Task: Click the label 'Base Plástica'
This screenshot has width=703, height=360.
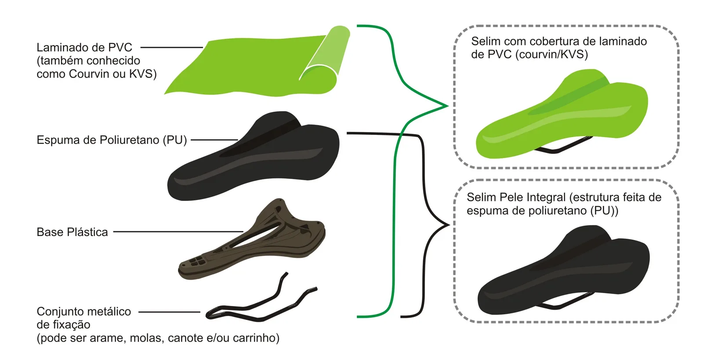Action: pyautogui.click(x=72, y=232)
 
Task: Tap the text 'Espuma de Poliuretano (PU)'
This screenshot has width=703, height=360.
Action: pyautogui.click(x=112, y=140)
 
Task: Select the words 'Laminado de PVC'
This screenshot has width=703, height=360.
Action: pyautogui.click(x=84, y=47)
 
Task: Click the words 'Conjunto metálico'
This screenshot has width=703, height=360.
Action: pyautogui.click(x=84, y=311)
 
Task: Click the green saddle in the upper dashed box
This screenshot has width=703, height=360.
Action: pyautogui.click(x=562, y=113)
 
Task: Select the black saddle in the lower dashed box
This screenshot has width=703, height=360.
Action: pyautogui.click(x=563, y=270)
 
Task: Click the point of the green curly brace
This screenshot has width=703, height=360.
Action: pyautogui.click(x=448, y=106)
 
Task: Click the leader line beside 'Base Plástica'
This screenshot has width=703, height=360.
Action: pyautogui.click(x=178, y=232)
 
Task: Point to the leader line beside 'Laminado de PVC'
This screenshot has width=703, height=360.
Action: pyautogui.click(x=172, y=47)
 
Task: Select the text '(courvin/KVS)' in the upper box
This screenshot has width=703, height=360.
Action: pyautogui.click(x=552, y=55)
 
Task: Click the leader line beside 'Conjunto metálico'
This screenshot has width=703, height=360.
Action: pyautogui.click(x=169, y=312)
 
